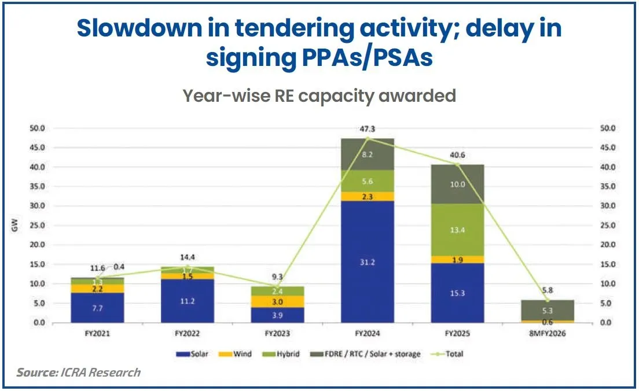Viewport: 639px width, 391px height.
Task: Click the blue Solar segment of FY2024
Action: tap(367, 261)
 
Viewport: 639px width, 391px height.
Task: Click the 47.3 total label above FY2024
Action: tap(367, 129)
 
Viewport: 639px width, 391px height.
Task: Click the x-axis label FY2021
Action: tap(97, 334)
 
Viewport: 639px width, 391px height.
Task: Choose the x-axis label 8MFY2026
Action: tap(547, 334)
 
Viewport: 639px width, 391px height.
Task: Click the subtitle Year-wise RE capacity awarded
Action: tap(319, 95)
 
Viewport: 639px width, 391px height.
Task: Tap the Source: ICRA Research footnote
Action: tap(78, 372)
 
